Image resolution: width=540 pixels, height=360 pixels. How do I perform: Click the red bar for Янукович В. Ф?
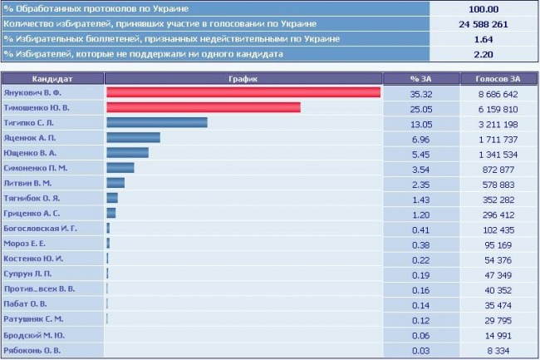(x=243, y=92)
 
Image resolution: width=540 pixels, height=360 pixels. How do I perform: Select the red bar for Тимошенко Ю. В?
(x=203, y=107)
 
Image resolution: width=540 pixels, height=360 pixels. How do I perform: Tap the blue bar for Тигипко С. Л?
(x=156, y=122)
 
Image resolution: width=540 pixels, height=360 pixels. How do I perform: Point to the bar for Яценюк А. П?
(x=133, y=137)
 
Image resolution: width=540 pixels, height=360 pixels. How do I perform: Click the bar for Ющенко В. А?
(x=127, y=152)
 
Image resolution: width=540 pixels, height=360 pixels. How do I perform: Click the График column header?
(x=243, y=77)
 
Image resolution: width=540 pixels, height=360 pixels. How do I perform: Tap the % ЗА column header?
(x=420, y=77)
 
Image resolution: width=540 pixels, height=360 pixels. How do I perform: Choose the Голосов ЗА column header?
(x=497, y=77)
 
